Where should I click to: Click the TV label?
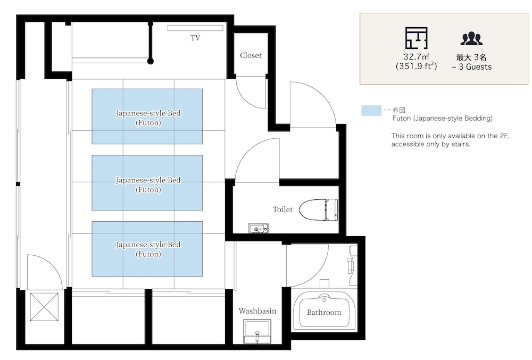pyautogui.click(x=195, y=38)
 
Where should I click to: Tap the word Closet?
pyautogui.click(x=251, y=55)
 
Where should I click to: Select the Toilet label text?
pyautogui.click(x=282, y=210)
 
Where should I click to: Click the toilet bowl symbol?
pyautogui.click(x=319, y=210)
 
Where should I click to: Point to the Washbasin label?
pyautogui.click(x=257, y=311)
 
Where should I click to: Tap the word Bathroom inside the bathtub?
pyautogui.click(x=324, y=312)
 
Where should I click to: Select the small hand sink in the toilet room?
pyautogui.click(x=258, y=229)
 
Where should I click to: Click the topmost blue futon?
pyautogui.click(x=147, y=116)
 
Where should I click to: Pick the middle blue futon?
pyautogui.click(x=147, y=183)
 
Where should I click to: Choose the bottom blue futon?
pyautogui.click(x=147, y=249)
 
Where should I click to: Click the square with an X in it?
pyautogui.click(x=44, y=307)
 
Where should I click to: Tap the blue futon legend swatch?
pyautogui.click(x=371, y=111)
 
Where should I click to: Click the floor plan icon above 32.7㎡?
pyautogui.click(x=417, y=38)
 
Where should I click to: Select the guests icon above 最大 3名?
pyautogui.click(x=471, y=39)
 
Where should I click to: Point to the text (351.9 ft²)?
pyautogui.click(x=417, y=66)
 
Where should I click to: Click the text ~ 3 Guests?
pyautogui.click(x=471, y=67)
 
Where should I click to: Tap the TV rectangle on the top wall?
pyautogui.click(x=195, y=28)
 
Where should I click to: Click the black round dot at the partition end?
pyautogui.click(x=151, y=61)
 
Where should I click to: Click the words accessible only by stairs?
pyautogui.click(x=431, y=144)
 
